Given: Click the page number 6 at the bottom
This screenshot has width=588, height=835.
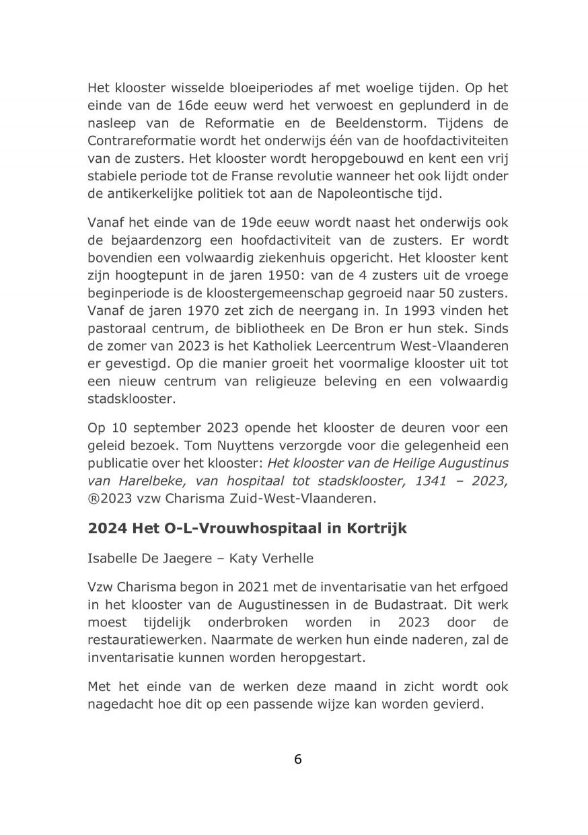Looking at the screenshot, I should pyautogui.click(x=297, y=759).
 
